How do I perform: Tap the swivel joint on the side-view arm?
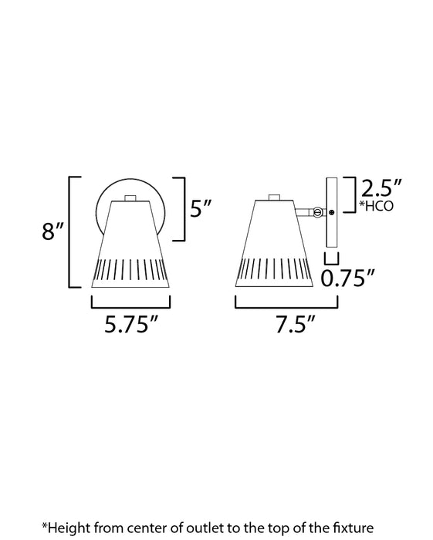318,212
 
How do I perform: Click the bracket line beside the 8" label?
72,232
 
